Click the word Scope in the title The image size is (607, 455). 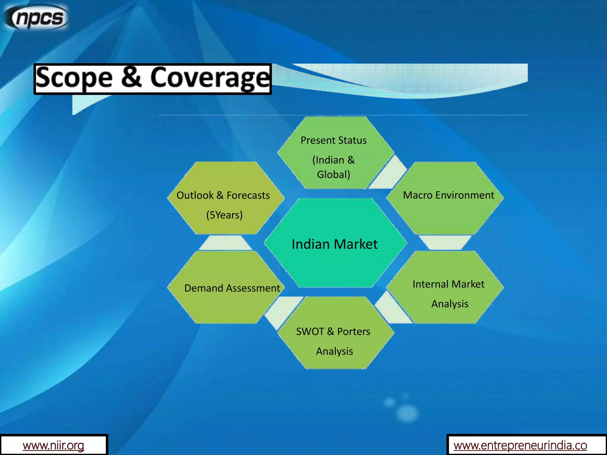[74, 78]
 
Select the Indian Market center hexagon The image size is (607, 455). [335, 243]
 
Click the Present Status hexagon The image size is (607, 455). [335, 153]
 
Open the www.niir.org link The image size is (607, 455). [53, 445]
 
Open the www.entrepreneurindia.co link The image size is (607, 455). [520, 445]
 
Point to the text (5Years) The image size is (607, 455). [224, 215]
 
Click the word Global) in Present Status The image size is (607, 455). [334, 174]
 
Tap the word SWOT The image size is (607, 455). [310, 331]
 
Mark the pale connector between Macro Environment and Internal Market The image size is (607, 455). [445, 242]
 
